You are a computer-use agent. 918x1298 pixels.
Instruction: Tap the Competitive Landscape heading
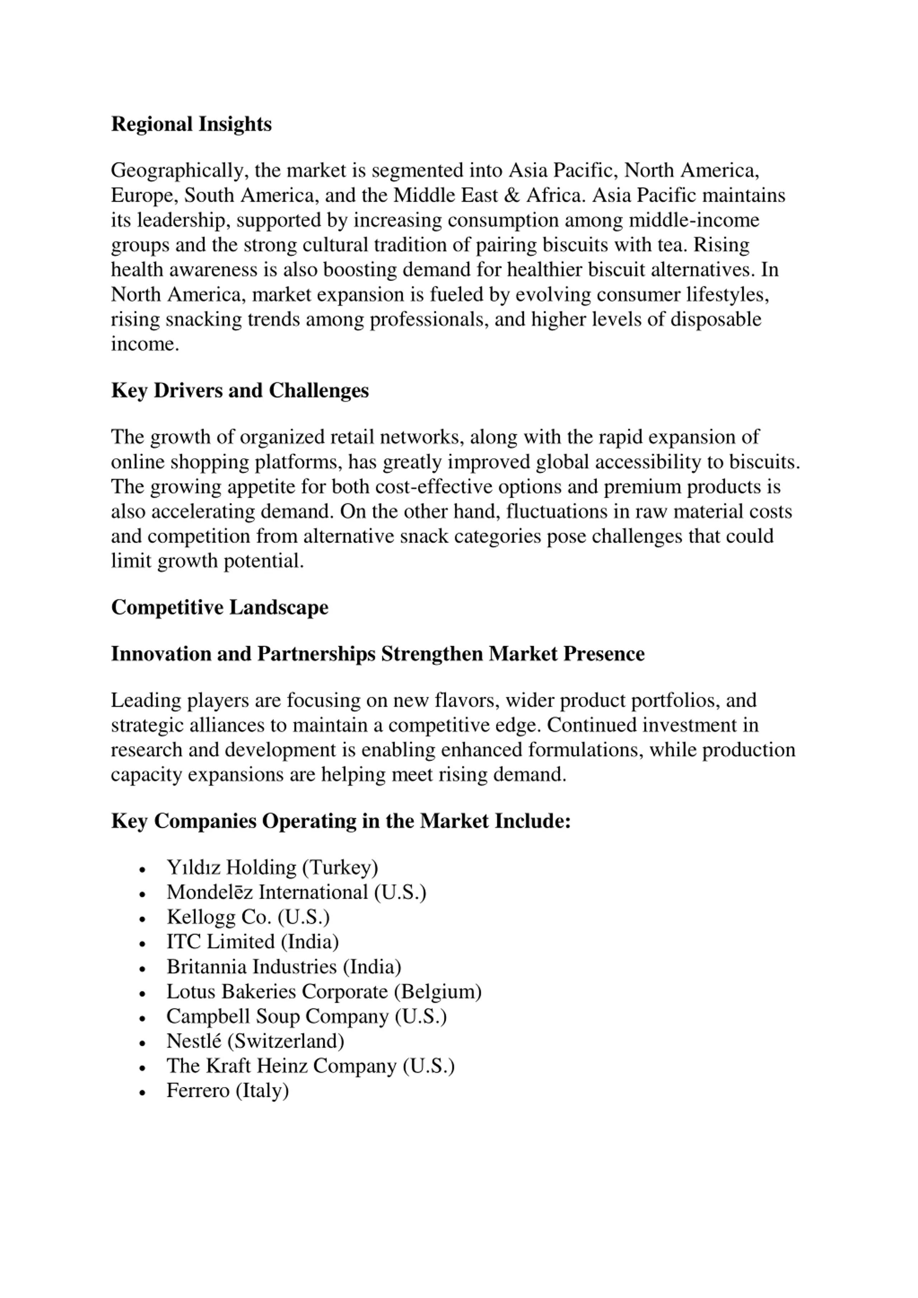point(219,607)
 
